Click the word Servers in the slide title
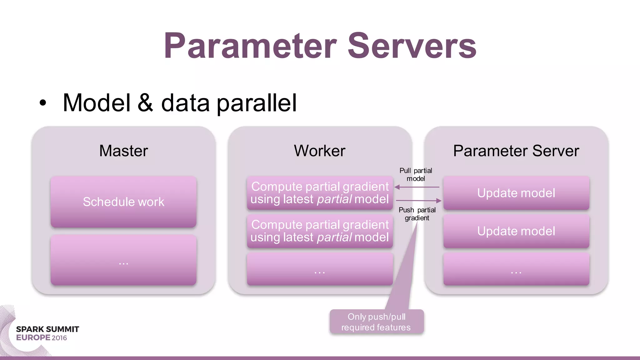coord(412,46)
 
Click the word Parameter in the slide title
coord(250,46)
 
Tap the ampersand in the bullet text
coord(146,103)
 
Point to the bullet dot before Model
coord(43,103)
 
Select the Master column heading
coord(123,151)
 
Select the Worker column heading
coord(319,151)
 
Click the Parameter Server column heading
coord(516,151)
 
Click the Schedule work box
coord(123,202)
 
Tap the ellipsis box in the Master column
coord(123,260)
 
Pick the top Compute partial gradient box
coord(319,193)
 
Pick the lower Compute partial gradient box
coord(319,231)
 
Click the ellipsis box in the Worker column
coord(319,269)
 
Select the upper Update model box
coord(516,193)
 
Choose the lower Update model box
coord(516,231)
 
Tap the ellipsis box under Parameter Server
coord(516,269)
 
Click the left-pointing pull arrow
coord(417,187)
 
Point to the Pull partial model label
coord(416,175)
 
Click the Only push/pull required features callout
coord(376,322)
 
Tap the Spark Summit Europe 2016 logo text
coord(47,333)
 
